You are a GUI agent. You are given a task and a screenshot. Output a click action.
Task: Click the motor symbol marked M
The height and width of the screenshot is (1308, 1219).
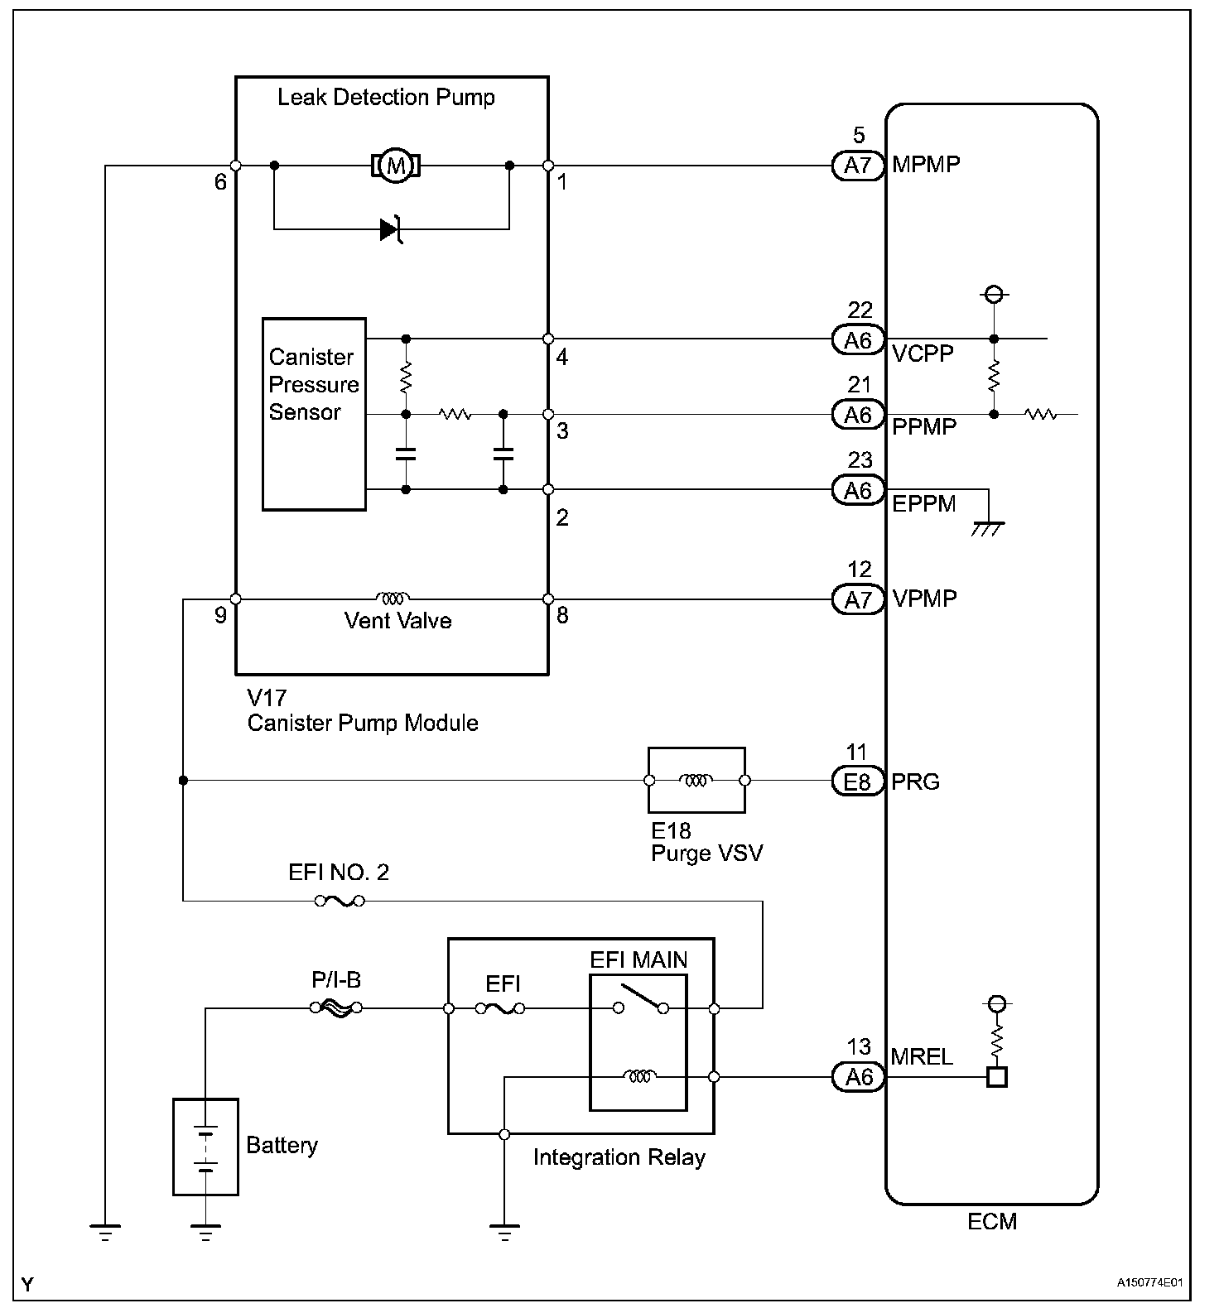coord(396,166)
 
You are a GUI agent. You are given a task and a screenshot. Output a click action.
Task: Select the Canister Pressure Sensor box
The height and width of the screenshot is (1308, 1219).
coord(314,414)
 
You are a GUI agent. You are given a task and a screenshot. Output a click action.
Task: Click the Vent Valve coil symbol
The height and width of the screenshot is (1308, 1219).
coord(392,598)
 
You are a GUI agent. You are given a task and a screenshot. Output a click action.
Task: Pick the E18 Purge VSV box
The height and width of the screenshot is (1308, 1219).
coord(696,780)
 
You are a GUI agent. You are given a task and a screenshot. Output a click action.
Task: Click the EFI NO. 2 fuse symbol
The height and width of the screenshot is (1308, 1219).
coord(340,901)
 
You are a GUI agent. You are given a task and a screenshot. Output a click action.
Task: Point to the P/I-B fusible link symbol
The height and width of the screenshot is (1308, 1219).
coord(335,1007)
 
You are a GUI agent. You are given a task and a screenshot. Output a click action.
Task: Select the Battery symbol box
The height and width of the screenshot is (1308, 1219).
coord(205,1147)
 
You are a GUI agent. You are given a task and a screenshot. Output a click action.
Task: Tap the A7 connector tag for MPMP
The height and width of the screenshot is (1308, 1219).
coord(858,166)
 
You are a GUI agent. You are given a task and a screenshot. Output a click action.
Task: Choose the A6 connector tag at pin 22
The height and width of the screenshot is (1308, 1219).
coord(858,339)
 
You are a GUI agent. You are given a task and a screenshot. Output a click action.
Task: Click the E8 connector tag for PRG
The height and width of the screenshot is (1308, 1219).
coord(857,781)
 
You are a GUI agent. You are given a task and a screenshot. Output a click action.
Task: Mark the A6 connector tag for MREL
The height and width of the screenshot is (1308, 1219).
coord(858,1077)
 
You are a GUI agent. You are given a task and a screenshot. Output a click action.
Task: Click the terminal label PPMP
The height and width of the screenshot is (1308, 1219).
coord(923,427)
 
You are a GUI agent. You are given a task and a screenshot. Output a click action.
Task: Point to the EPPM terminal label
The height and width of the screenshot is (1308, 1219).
coord(923,503)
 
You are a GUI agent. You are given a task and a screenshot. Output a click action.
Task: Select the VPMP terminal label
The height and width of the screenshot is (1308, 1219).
coord(924,599)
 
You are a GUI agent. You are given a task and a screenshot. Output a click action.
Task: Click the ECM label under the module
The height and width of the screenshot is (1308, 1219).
coord(991,1221)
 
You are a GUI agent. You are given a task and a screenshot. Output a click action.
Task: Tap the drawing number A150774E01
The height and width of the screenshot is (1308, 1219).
coord(1149,1283)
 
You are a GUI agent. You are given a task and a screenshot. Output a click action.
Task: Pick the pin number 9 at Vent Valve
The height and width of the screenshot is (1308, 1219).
coord(220,615)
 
